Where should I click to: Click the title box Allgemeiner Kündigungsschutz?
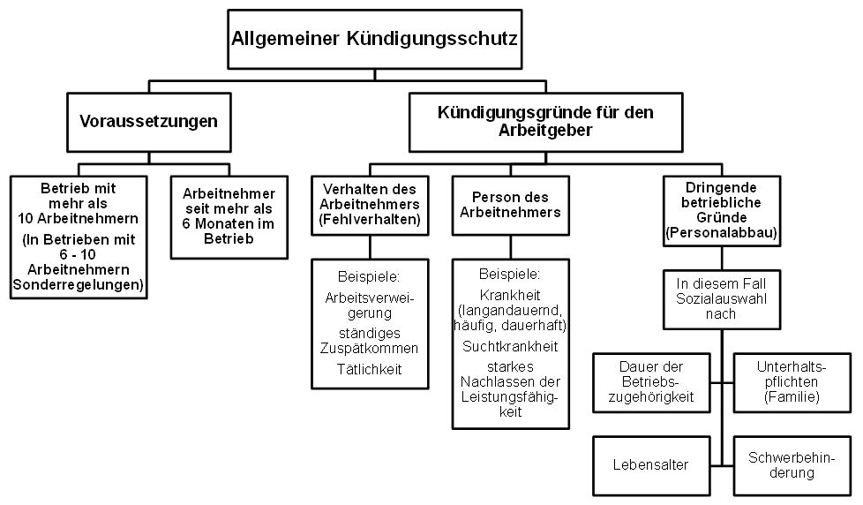point(373,39)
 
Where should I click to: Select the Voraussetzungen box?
point(148,121)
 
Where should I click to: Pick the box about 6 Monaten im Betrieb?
point(229,216)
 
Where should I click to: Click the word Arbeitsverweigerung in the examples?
point(370,305)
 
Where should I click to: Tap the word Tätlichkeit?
point(369,369)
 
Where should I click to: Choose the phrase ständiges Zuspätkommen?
point(370,340)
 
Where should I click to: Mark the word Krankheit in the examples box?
point(510,294)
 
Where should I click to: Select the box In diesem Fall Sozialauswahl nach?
point(722,298)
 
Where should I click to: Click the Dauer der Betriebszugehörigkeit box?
point(652,381)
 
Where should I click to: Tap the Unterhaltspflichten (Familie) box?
point(788,381)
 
